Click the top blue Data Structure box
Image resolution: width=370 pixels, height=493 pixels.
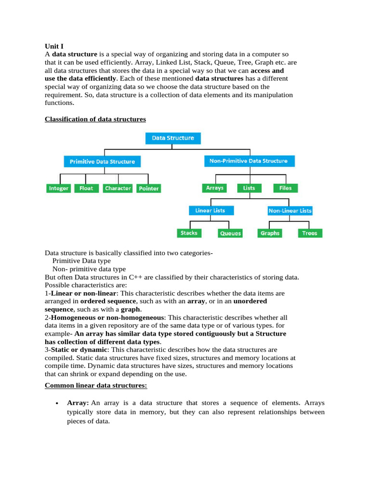point(173,138)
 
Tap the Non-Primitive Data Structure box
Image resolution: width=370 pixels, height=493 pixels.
point(248,161)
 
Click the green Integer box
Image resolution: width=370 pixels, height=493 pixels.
point(59,188)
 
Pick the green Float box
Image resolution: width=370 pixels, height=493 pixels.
point(86,188)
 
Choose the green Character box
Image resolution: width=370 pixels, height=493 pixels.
point(118,188)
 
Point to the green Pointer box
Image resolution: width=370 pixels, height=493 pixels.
point(148,188)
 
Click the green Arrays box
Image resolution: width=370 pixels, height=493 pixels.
point(215,188)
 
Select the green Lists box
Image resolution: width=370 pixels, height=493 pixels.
point(249,188)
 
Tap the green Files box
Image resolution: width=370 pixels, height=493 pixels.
point(285,188)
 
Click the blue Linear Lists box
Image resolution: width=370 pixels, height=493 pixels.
point(210,210)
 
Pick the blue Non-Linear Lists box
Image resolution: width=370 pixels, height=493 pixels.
point(290,210)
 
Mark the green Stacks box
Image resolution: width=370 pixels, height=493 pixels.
point(189,233)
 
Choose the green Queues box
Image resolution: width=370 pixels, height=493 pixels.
point(230,233)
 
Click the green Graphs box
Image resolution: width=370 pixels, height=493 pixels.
point(270,233)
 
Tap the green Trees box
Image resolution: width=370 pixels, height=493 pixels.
point(310,233)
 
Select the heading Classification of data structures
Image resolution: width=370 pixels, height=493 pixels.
point(95,119)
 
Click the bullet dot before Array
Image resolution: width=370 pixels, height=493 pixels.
point(57,403)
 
